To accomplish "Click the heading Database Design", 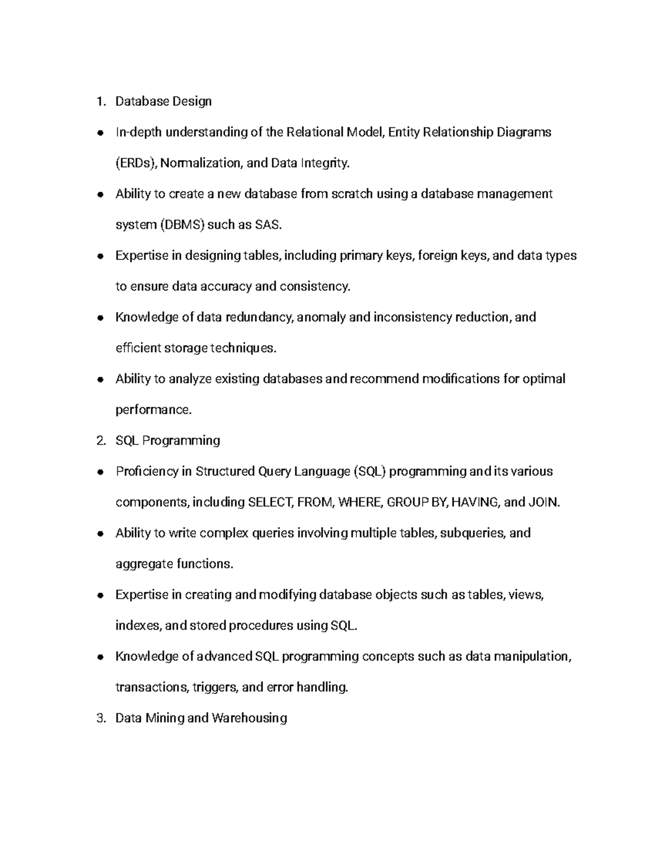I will [x=163, y=102].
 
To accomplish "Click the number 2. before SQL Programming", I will [x=100, y=441].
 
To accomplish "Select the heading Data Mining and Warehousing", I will [x=201, y=718].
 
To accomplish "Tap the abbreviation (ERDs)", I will [x=136, y=163].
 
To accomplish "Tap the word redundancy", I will [x=259, y=317].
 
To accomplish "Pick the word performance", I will [x=153, y=410].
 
